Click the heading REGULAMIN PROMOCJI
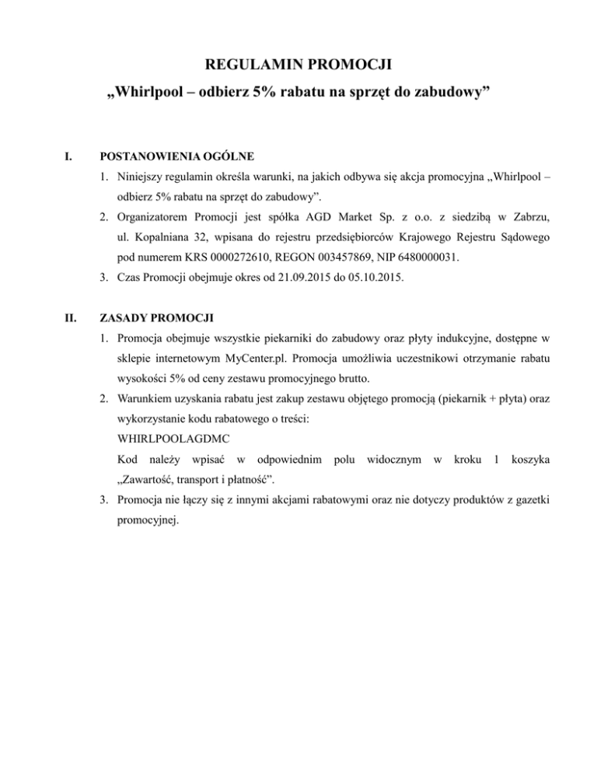tap(298, 66)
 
